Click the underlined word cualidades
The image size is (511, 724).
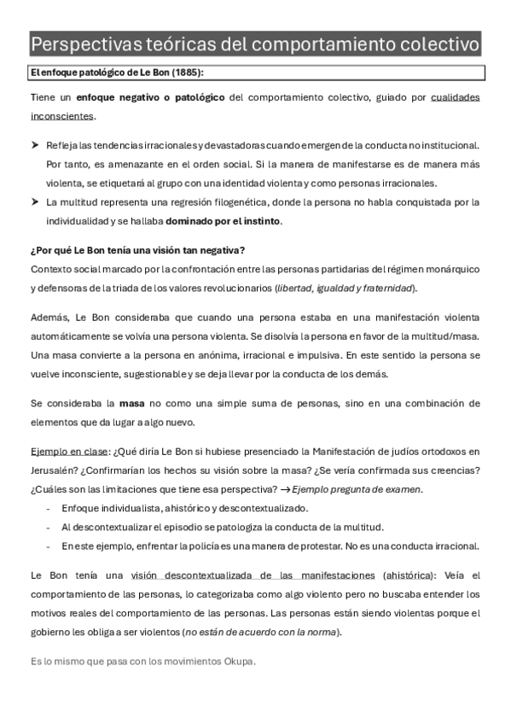[x=456, y=97]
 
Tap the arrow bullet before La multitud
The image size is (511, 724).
[x=35, y=202]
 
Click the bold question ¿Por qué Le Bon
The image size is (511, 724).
[x=136, y=249]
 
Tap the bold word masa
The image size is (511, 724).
[x=131, y=402]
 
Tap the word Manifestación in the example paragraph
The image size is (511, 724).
[x=339, y=451]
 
